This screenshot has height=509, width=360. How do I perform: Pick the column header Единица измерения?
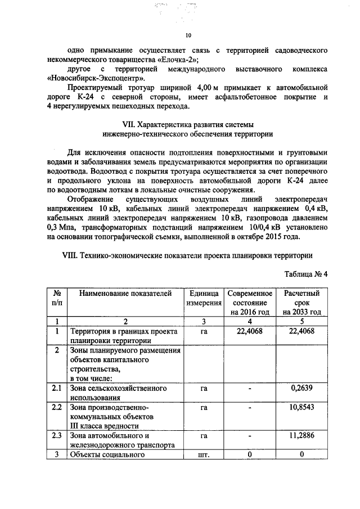tap(203, 298)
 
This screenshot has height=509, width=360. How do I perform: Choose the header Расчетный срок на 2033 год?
tap(302, 303)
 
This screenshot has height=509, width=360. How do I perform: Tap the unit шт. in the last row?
tap(204, 454)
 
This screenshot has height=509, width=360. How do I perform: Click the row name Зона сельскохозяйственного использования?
tap(118, 393)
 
